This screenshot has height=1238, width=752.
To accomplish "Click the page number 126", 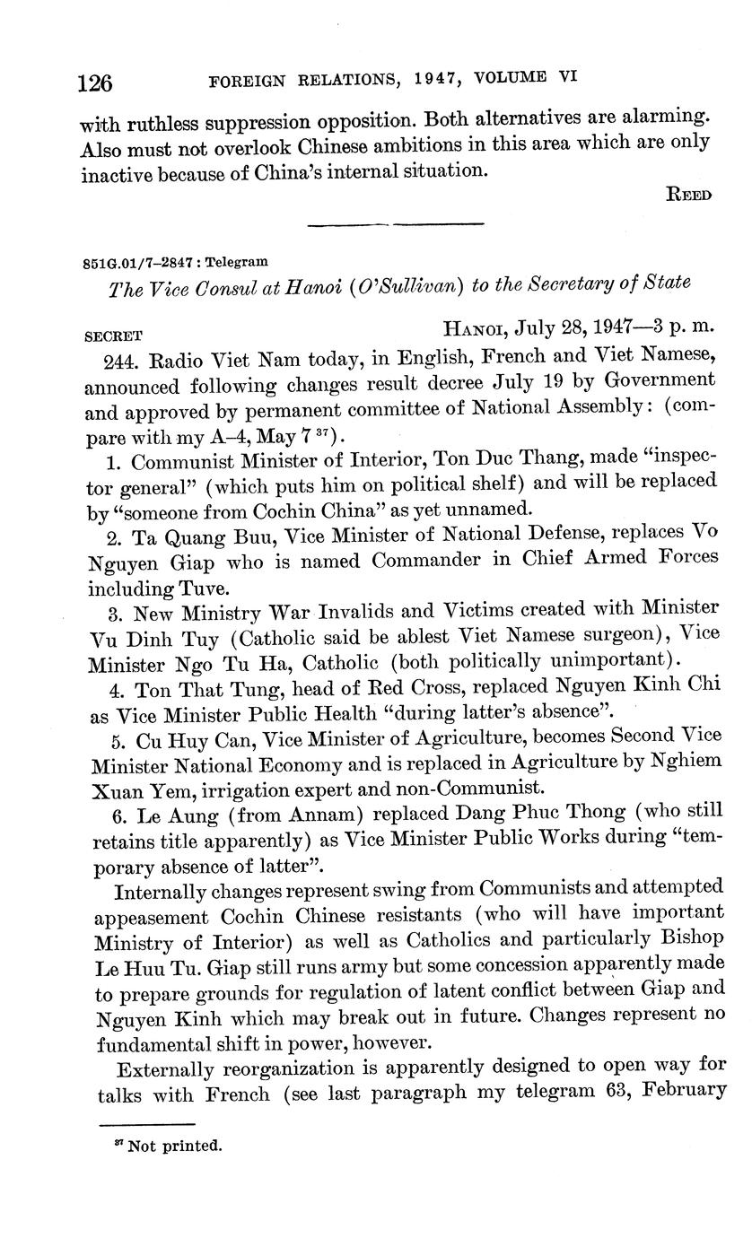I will click(95, 83).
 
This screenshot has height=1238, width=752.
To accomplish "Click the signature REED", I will click(689, 195).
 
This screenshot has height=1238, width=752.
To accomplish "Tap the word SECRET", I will click(113, 337).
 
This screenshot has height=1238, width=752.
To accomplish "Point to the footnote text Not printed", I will click(174, 1146).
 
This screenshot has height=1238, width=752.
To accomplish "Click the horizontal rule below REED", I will click(395, 224).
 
